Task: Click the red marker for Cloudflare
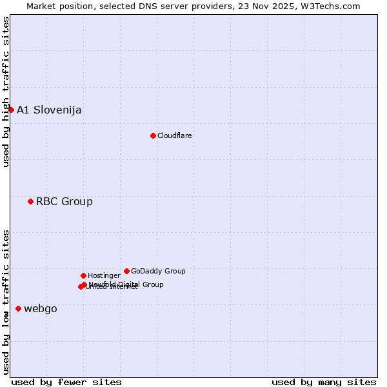[153, 135]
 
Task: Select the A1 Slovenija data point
[11, 110]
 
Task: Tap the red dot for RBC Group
[30, 201]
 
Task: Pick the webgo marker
[18, 308]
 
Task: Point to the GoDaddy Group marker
[126, 271]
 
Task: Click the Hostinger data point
[83, 275]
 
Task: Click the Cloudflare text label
[174, 135]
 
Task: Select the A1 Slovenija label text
[49, 110]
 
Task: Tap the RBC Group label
[64, 201]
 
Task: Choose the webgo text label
[40, 308]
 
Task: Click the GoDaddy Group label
[158, 271]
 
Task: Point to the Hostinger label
[104, 275]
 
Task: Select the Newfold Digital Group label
[126, 284]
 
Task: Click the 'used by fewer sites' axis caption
[66, 382]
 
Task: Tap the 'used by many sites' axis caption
[324, 382]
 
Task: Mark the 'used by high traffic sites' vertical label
[6, 92]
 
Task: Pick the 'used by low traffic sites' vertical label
[6, 301]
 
